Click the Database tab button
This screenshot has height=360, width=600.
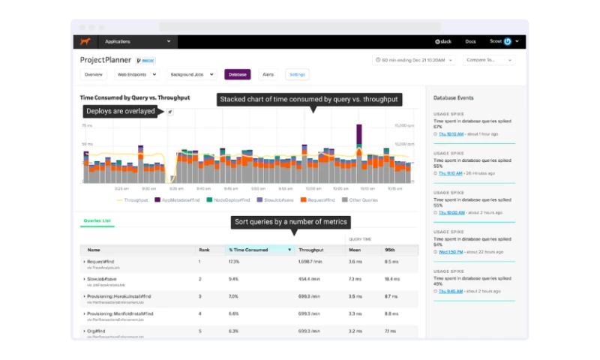[x=237, y=75]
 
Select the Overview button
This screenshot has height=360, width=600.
[x=94, y=75]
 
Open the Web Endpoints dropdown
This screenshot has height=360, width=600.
[x=136, y=75]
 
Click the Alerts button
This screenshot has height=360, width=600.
[x=268, y=75]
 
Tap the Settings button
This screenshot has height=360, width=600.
[x=297, y=75]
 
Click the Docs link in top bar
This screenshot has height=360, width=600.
[x=470, y=41]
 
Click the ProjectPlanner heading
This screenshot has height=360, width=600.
[x=106, y=59]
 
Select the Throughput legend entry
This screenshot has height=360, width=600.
[x=133, y=200]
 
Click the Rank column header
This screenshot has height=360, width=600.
[x=204, y=250]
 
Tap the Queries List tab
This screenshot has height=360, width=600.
[x=97, y=221]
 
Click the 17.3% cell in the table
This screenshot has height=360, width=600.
[x=234, y=262]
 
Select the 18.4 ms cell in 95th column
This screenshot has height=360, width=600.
[x=391, y=278]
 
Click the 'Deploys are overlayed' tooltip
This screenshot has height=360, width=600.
[x=121, y=112]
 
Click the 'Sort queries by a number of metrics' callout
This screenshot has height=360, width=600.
[x=290, y=222]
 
